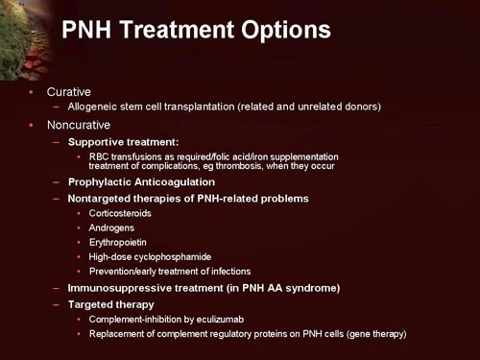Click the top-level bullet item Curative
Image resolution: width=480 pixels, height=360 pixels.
click(68, 91)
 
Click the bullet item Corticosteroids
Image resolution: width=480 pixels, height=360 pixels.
click(120, 213)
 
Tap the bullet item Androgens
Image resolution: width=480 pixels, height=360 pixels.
click(110, 228)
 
